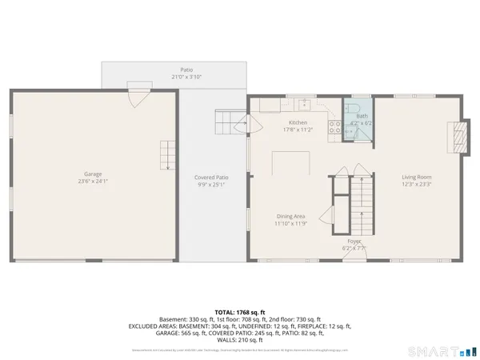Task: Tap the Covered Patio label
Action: click(x=211, y=177)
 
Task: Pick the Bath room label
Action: click(x=362, y=117)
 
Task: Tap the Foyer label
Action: click(x=354, y=241)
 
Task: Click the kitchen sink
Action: click(x=303, y=103)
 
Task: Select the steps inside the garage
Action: click(x=166, y=152)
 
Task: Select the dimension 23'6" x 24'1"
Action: click(x=94, y=181)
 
